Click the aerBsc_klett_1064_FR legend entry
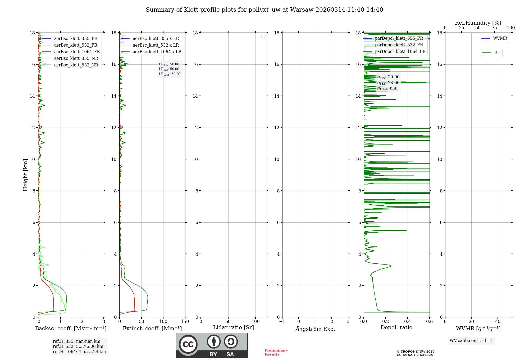pyautogui.click(x=77, y=52)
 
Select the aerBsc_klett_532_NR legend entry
pyautogui.click(x=76, y=65)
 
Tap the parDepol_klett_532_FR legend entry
pyautogui.click(x=399, y=45)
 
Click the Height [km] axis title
pyautogui.click(x=25, y=175)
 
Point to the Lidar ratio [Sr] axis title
pyautogui.click(x=234, y=328)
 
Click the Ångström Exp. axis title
pyautogui.click(x=315, y=329)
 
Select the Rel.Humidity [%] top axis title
pyautogui.click(x=478, y=23)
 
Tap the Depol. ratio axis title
pyautogui.click(x=396, y=328)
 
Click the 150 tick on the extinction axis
pyautogui.click(x=185, y=322)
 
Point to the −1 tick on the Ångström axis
pyautogui.click(x=282, y=322)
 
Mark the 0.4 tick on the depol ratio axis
pyautogui.click(x=408, y=322)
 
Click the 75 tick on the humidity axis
pyautogui.click(x=494, y=28)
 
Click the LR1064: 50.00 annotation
pyautogui.click(x=170, y=74)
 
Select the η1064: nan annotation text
pyautogui.click(x=387, y=88)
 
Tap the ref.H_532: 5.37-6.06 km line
pyautogui.click(x=78, y=346)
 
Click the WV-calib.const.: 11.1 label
pyautogui.click(x=471, y=341)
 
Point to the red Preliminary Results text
pyautogui.click(x=276, y=352)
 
